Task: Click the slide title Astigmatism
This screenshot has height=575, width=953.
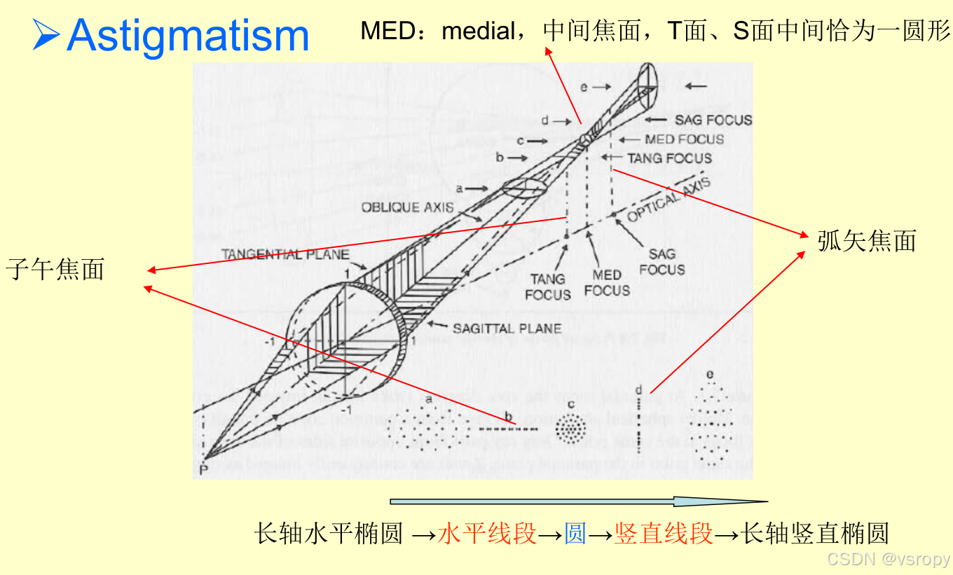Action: point(188,35)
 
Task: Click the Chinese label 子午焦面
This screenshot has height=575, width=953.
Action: point(55,269)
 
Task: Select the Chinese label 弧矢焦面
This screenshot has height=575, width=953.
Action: point(867,241)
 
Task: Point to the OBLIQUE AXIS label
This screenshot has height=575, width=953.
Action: point(407,207)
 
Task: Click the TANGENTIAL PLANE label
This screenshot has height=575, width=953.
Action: point(285,254)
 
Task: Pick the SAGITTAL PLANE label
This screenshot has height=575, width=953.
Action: point(507,328)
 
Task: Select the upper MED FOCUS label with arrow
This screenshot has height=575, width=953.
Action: point(684,139)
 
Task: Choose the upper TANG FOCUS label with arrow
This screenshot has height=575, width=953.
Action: point(669,158)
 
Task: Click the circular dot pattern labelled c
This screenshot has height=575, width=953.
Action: point(570,427)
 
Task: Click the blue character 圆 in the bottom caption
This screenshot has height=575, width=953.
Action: point(575,534)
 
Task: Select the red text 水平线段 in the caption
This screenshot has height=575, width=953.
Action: point(487,534)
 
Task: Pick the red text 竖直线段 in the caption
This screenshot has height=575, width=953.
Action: point(664,534)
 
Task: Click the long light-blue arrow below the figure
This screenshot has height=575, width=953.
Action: point(578,501)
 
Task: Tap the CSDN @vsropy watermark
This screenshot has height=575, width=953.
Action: point(888,559)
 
